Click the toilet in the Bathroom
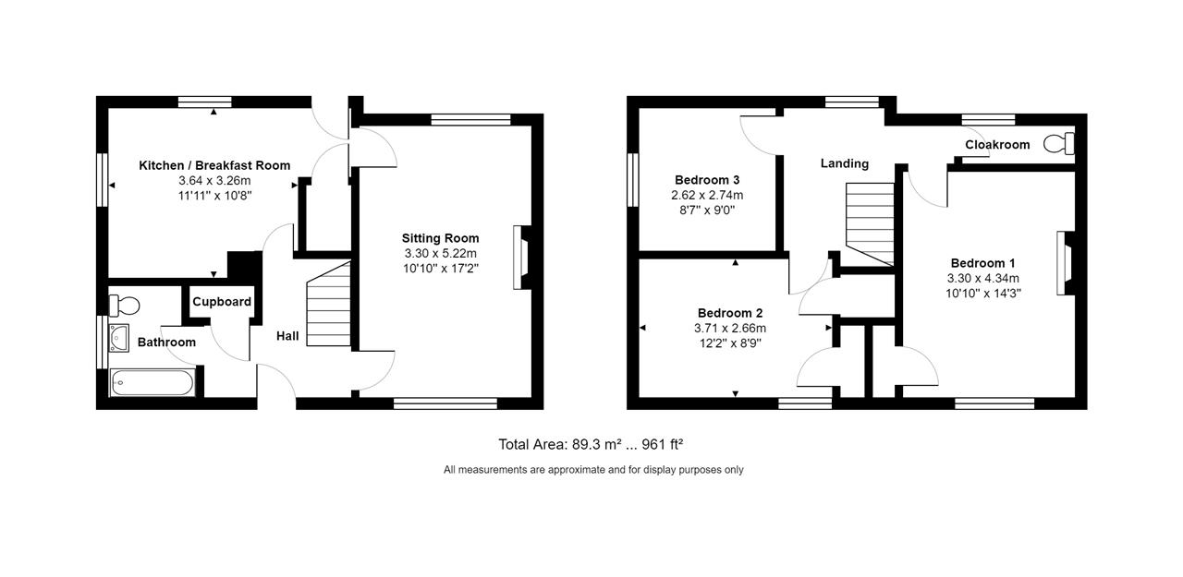tap(123, 304)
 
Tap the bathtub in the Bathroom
tap(152, 383)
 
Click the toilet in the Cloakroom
tap(1059, 144)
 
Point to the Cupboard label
tap(222, 302)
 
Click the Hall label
tap(287, 336)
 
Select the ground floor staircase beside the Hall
tap(329, 305)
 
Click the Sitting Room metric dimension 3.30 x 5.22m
tap(440, 253)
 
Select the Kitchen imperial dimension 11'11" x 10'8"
tap(214, 196)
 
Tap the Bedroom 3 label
tap(707, 180)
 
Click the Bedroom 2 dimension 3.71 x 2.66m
tap(730, 328)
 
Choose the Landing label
tap(845, 163)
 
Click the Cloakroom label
tap(997, 145)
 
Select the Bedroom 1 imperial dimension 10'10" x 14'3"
tap(982, 293)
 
